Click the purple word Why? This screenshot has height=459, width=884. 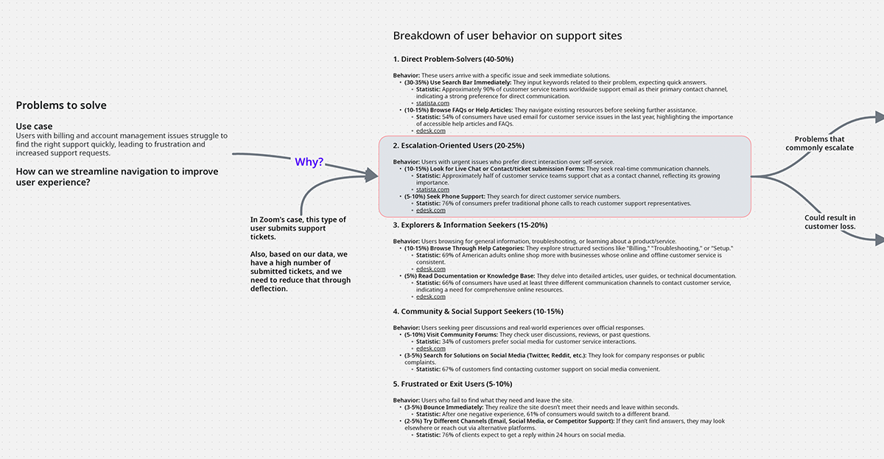tap(309, 162)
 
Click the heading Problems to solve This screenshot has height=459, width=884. tap(61, 105)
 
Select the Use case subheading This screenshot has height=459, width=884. tap(35, 127)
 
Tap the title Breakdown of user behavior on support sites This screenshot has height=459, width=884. tap(508, 35)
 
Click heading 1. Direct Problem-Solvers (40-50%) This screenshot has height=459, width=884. tap(453, 58)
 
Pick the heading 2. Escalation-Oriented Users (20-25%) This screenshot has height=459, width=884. tap(458, 146)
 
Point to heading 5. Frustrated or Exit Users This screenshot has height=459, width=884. tap(452, 384)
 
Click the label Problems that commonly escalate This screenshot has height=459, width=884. tap(819, 144)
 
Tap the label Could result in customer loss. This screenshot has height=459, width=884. tap(829, 222)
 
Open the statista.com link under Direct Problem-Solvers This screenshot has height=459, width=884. tap(432, 103)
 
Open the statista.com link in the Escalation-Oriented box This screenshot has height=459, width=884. tap(432, 190)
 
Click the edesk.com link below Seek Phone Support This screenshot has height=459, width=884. tap(430, 211)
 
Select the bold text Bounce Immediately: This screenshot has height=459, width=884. tap(454, 407)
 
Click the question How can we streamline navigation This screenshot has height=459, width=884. tap(117, 177)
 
